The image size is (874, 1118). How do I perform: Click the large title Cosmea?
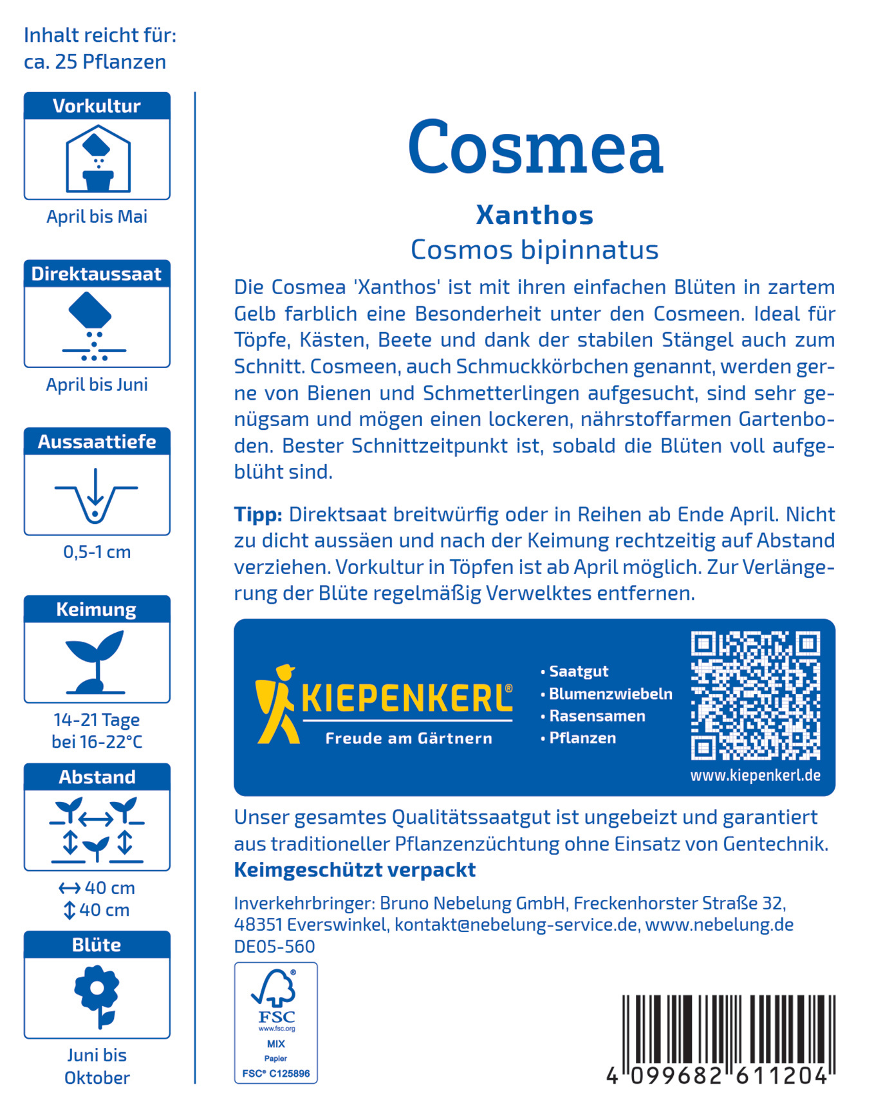click(x=535, y=147)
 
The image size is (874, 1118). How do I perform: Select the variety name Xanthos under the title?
click(x=534, y=215)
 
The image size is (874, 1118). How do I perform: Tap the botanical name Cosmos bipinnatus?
click(x=534, y=250)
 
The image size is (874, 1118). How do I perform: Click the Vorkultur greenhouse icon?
click(x=98, y=159)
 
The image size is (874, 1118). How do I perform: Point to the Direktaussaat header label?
click(x=97, y=274)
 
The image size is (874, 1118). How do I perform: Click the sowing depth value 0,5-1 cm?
click(x=97, y=552)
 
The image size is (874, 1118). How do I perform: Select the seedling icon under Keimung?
click(x=96, y=662)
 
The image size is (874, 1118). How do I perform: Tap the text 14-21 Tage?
click(x=97, y=720)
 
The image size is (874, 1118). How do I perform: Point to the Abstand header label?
click(x=97, y=778)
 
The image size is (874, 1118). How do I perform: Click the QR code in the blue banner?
click(x=755, y=696)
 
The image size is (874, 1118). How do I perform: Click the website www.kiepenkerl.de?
click(x=755, y=776)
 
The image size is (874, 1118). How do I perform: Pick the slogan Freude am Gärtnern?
click(x=409, y=739)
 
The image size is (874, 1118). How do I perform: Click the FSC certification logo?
click(x=275, y=1023)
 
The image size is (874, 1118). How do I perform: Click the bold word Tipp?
click(x=258, y=515)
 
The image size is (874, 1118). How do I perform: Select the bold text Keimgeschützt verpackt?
click(x=355, y=870)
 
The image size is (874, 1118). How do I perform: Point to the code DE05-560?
click(x=274, y=947)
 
